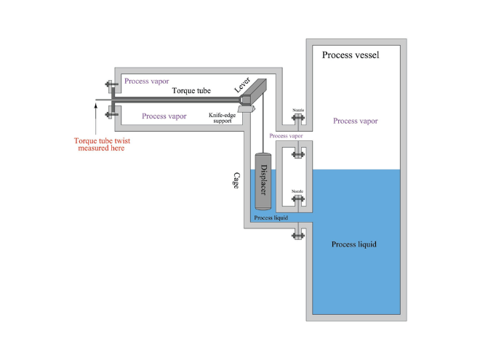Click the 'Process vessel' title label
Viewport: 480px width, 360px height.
[x=346, y=55]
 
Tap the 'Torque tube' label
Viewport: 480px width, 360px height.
[x=191, y=91]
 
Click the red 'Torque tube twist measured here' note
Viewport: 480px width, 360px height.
[x=99, y=144]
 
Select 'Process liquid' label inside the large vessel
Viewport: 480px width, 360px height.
[x=354, y=244]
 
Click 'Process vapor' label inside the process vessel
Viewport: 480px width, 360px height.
[x=355, y=121]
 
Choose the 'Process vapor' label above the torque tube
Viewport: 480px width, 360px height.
[x=145, y=80]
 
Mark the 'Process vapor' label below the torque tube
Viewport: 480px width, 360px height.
[x=163, y=116]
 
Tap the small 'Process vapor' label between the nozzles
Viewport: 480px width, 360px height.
[x=285, y=136]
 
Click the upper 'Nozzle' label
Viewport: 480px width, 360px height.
[x=297, y=111]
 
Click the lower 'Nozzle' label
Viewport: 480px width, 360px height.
[x=297, y=191]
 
